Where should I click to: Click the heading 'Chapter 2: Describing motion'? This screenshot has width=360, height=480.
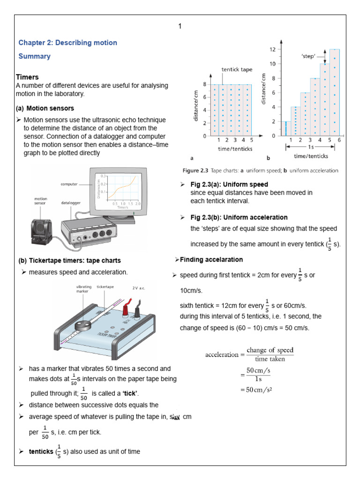(67, 43)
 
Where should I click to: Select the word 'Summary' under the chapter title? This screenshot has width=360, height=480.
(34, 56)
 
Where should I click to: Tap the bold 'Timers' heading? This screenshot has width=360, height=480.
(27, 77)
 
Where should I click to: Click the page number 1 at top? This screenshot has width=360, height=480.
(180, 26)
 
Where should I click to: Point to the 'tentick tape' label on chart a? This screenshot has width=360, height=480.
(237, 69)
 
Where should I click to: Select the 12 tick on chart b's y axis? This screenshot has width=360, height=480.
(272, 49)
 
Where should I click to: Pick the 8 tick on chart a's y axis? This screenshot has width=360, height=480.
(204, 84)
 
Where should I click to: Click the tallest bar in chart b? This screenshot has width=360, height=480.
(334, 91)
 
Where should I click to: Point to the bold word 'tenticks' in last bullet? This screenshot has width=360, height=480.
(41, 451)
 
